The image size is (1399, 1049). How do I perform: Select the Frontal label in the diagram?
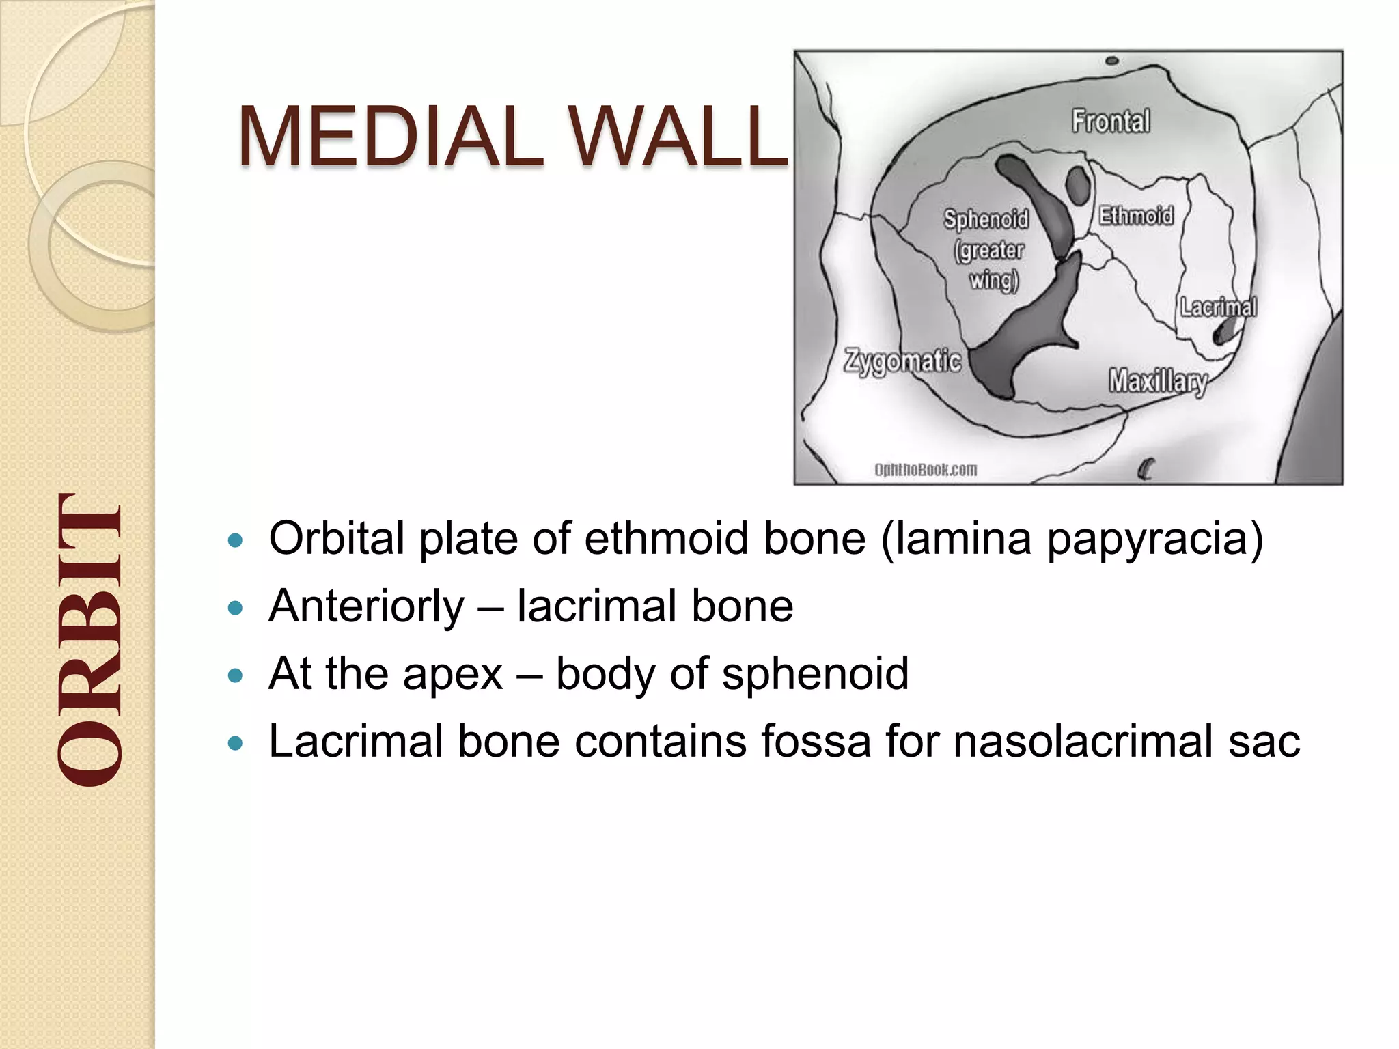pos(1111,121)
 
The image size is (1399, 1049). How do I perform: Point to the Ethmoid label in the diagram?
pos(1135,216)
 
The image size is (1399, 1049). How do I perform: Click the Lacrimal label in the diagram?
pos(1219,307)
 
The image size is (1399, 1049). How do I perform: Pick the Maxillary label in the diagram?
pos(1158,381)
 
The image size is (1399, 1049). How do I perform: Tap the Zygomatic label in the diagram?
pos(902,361)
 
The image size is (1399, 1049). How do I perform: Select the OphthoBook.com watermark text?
pos(926,470)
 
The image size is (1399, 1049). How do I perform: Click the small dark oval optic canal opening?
pos(1077,185)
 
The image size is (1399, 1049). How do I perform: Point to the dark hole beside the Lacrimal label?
pos(1223,333)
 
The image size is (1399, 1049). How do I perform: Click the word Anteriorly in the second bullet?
pos(366,606)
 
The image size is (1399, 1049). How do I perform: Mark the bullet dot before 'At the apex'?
pos(235,676)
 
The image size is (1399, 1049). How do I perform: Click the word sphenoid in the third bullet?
pos(815,674)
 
